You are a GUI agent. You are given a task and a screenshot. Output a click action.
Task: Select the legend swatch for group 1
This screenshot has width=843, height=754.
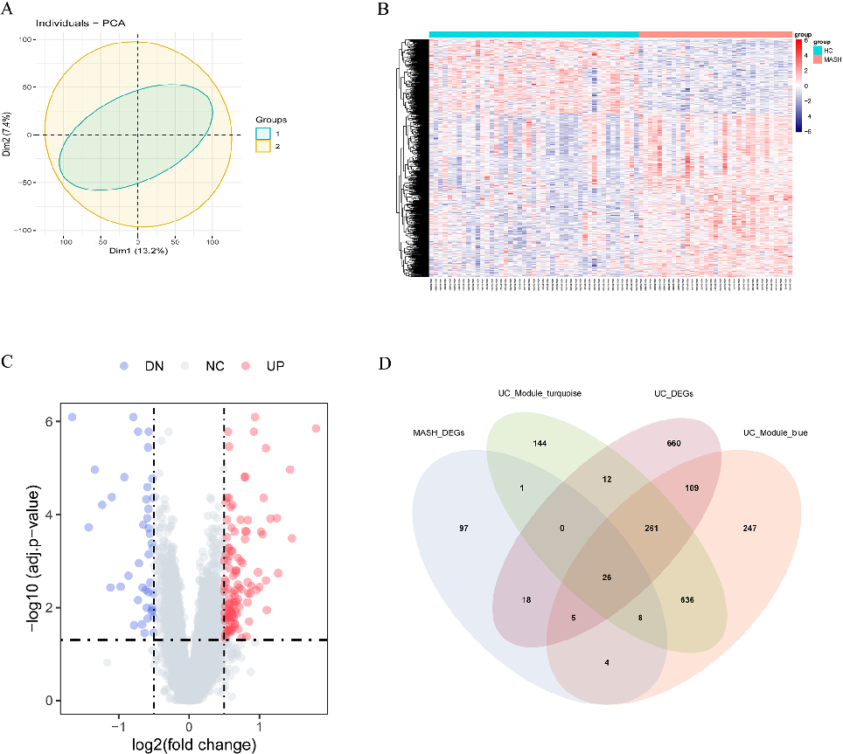tap(263, 133)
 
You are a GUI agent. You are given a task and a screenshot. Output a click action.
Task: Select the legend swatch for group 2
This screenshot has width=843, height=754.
tap(263, 146)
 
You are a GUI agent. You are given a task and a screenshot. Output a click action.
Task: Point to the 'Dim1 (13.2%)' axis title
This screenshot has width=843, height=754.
tap(137, 251)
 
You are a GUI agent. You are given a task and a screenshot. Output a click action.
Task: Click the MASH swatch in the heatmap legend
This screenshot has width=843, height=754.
tap(818, 59)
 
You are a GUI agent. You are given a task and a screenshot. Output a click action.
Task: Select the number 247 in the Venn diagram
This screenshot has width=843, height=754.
tap(749, 529)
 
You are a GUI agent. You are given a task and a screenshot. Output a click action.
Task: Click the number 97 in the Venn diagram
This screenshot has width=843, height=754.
tap(464, 529)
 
